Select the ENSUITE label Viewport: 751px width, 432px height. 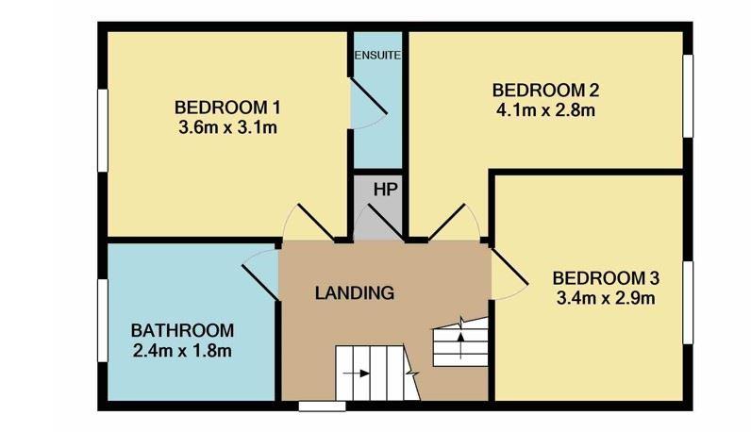coord(377,55)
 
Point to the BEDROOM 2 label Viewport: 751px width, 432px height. coord(546,91)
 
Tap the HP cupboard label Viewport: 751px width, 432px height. coord(384,189)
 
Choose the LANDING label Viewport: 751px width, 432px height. coord(354,292)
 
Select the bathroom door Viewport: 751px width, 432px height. coord(259,277)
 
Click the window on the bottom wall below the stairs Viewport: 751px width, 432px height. coord(321,407)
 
